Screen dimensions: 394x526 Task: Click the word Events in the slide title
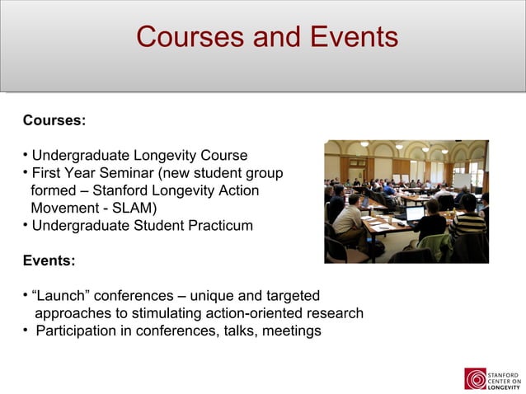point(350,37)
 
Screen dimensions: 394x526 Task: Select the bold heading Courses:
point(54,120)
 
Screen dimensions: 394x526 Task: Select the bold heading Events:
point(49,260)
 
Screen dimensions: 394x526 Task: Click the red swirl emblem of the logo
point(475,378)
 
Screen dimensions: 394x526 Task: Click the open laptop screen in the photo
point(415,214)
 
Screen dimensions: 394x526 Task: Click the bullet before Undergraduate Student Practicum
point(26,225)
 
